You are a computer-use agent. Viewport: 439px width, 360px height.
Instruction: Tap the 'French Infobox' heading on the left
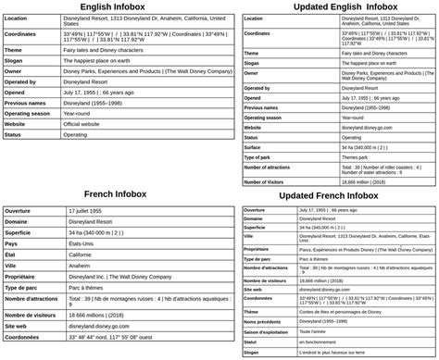pos(115,194)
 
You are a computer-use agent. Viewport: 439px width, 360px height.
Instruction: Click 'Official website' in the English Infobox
pos(87,123)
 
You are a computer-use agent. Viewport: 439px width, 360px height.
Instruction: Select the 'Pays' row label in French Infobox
pos(13,243)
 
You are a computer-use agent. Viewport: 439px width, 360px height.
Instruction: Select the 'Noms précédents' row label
pos(264,321)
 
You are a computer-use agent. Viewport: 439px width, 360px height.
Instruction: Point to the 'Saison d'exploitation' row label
pos(269,331)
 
